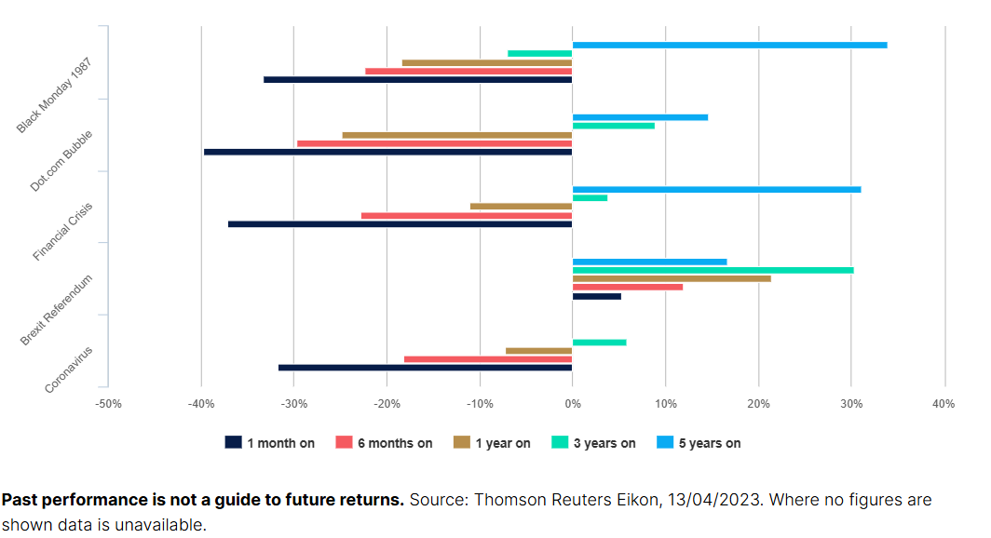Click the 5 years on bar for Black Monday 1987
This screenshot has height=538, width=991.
730,45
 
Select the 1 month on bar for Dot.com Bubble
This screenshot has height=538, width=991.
388,152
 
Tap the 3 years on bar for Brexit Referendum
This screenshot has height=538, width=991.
713,270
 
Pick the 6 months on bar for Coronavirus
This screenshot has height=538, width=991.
488,359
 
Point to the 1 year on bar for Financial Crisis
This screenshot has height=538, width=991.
522,207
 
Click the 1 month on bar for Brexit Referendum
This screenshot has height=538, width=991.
597,296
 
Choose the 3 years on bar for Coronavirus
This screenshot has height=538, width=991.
599,343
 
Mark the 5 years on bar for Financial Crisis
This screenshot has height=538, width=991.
717,190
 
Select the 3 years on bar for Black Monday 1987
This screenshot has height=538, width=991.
540,54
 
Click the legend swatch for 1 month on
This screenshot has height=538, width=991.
233,442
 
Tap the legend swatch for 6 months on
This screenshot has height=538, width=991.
344,442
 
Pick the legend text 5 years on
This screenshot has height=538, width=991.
710,443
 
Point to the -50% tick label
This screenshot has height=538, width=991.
108,404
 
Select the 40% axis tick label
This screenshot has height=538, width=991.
943,404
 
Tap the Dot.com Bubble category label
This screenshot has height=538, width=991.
61,161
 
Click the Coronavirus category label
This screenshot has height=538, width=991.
68,370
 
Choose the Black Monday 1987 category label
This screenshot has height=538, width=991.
54,95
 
